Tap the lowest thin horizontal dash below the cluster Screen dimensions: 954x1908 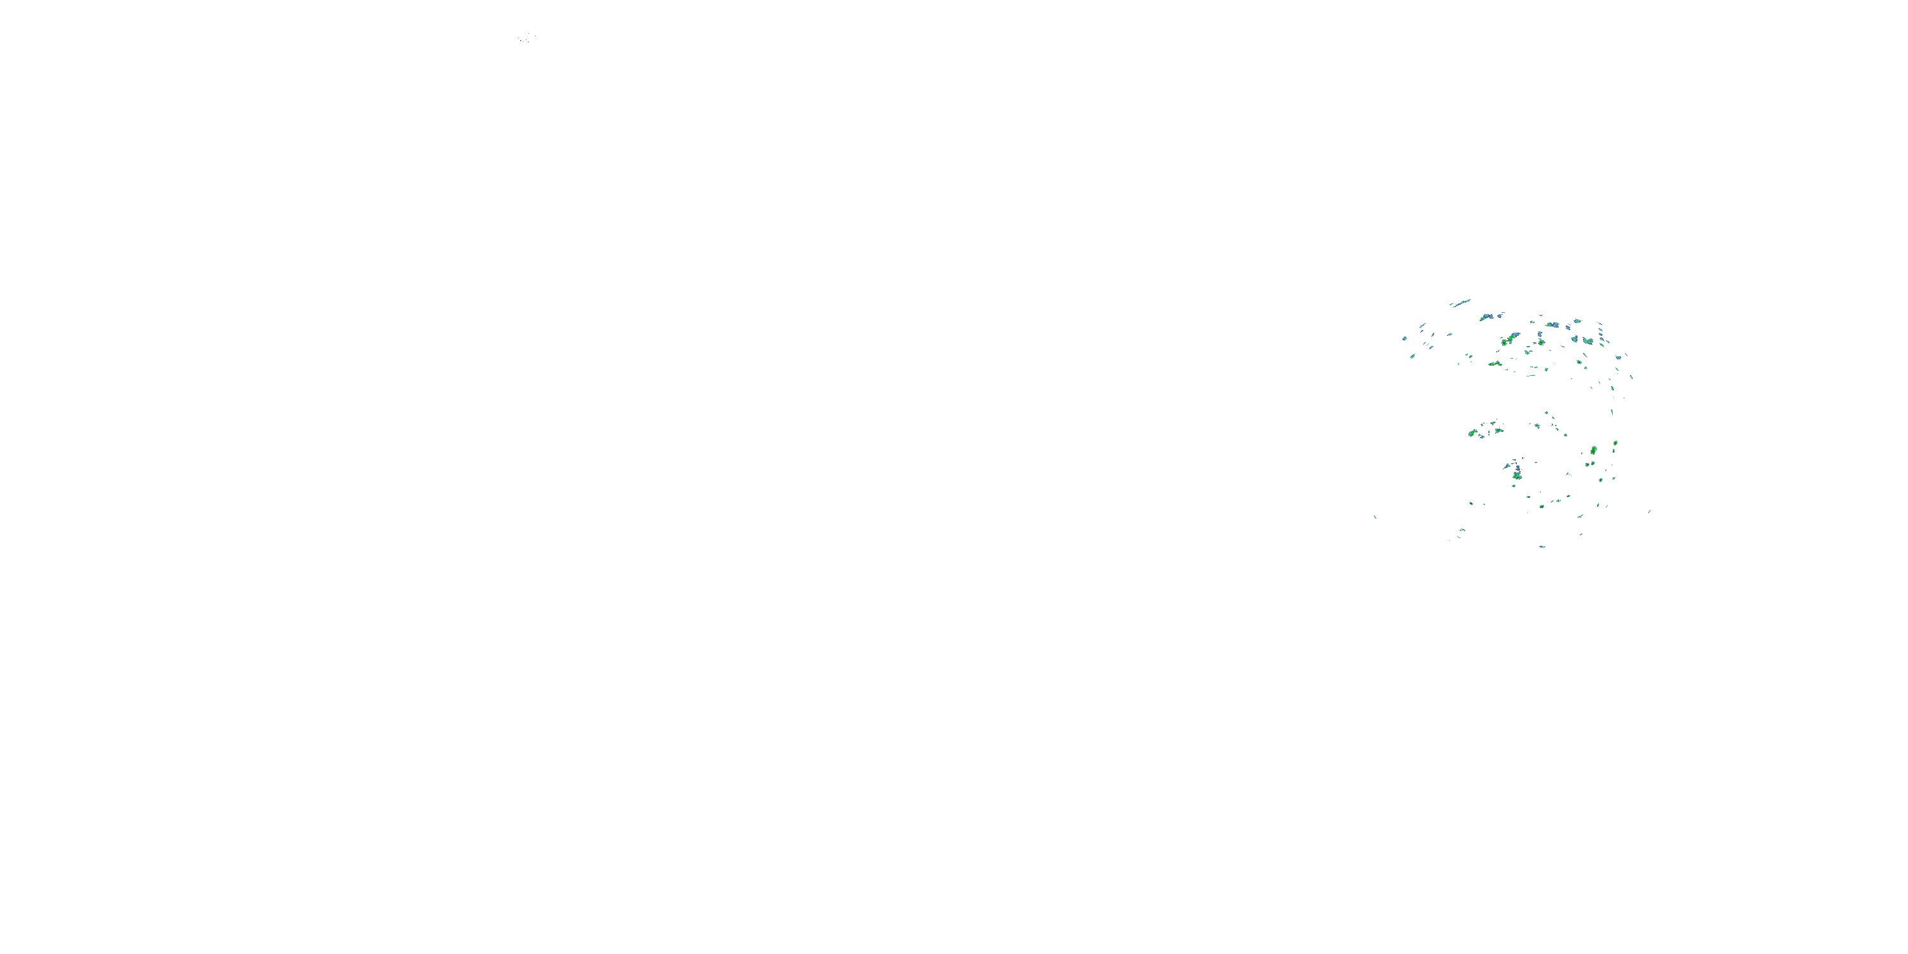click(1543, 546)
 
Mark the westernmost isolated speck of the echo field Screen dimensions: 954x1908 click(1374, 517)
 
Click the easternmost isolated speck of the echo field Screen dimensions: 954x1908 click(1650, 511)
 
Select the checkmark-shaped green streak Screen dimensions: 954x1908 click(1495, 364)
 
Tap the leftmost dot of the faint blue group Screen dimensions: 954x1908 click(520, 39)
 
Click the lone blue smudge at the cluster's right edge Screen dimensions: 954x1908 click(1619, 357)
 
